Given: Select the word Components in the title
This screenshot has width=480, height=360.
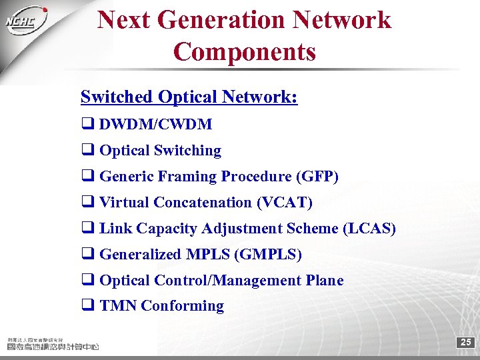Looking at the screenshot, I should pyautogui.click(x=245, y=51).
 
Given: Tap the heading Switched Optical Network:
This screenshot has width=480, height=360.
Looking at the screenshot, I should pyautogui.click(x=189, y=97).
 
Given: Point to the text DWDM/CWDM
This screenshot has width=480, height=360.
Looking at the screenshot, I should pyautogui.click(x=155, y=124).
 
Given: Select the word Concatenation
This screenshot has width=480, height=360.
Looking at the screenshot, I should pyautogui.click(x=207, y=203).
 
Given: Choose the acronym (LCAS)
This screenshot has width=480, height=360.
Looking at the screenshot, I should pyautogui.click(x=369, y=229).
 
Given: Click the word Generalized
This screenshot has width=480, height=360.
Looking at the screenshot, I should pyautogui.click(x=140, y=255).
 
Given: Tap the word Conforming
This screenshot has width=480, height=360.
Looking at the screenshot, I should pyautogui.click(x=182, y=306).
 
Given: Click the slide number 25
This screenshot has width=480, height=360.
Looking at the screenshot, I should pyautogui.click(x=466, y=343).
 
